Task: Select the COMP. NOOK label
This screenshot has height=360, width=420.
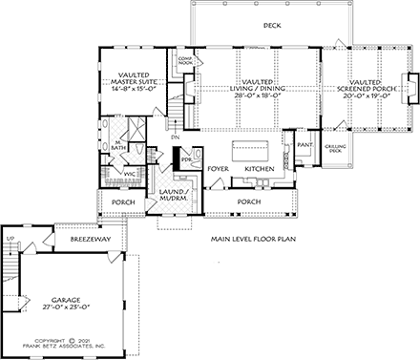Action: coord(185,61)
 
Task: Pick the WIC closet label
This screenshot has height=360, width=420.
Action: coord(128,173)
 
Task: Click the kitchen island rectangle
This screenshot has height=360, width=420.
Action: coord(252,148)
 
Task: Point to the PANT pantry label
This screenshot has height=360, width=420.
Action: coord(305,145)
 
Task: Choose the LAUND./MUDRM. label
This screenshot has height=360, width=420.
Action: coord(171,196)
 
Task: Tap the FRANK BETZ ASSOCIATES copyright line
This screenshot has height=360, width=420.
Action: coord(65,349)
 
